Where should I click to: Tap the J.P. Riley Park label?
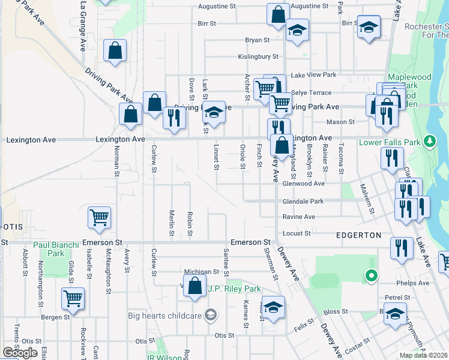click(x=234, y=289)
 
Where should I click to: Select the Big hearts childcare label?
click(x=166, y=315)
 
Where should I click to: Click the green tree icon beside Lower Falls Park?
click(x=429, y=142)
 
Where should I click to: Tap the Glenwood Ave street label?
click(x=304, y=184)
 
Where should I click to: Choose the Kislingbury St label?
click(x=259, y=57)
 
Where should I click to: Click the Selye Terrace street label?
click(x=310, y=93)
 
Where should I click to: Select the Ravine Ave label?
click(x=298, y=217)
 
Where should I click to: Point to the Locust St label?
click(x=297, y=233)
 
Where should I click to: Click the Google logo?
click(x=20, y=352)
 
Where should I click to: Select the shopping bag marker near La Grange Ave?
click(x=115, y=52)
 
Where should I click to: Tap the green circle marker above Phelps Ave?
click(x=372, y=276)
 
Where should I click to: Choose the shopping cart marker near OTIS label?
click(x=99, y=219)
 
